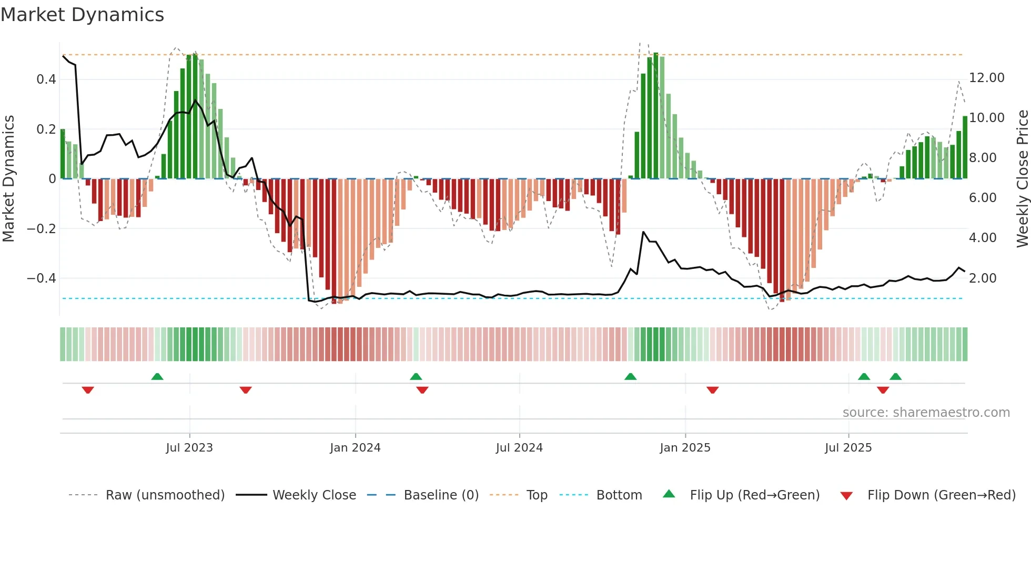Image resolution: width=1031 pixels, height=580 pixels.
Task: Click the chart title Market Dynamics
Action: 82,15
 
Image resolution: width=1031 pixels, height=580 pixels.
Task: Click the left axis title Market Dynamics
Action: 9,178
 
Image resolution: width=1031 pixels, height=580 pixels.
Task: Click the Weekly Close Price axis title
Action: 1022,178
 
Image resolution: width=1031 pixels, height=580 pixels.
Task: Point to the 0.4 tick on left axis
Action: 46,79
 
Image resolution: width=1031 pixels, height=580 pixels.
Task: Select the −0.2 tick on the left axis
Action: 42,228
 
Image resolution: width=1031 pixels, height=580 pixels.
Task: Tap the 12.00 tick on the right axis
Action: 986,78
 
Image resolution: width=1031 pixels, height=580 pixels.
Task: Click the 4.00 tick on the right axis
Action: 982,238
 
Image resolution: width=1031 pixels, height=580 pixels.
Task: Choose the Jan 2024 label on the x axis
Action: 355,448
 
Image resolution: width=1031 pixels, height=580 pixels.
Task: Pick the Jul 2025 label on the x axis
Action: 848,448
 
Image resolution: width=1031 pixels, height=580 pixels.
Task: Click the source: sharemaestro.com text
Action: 926,413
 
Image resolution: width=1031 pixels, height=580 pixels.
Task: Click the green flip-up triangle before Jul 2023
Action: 157,376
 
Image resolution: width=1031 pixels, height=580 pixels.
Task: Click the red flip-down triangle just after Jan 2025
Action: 713,390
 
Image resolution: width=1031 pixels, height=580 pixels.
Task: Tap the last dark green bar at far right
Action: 965,147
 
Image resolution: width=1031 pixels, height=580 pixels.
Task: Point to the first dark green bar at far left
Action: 63,154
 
